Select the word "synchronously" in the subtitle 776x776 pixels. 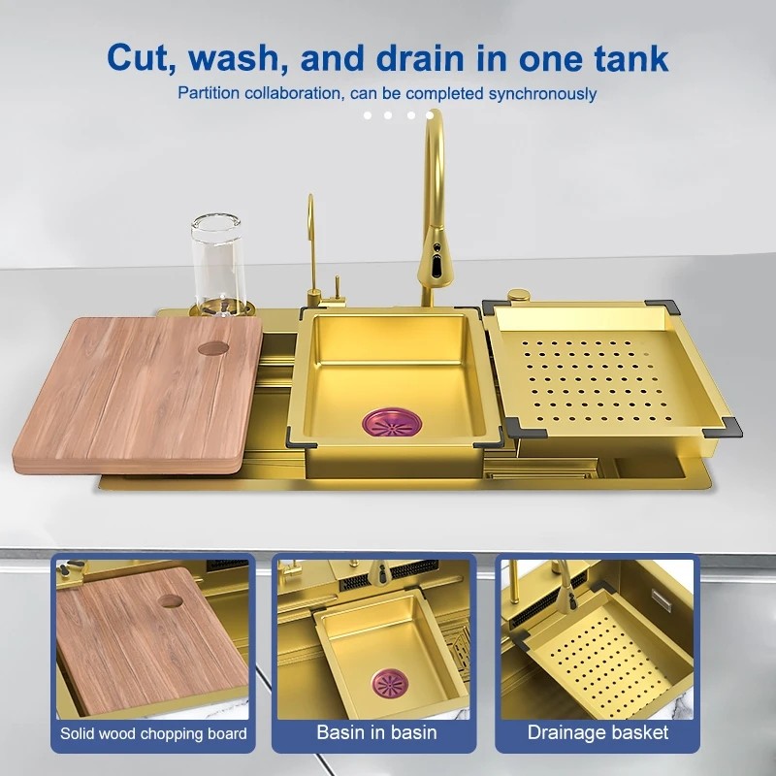pos(542,93)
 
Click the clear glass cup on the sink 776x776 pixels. pos(217,262)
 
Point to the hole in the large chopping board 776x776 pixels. pos(213,348)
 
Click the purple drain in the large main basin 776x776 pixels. pos(392,422)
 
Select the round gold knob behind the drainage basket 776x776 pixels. pos(519,296)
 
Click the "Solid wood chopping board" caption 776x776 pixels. pos(153,733)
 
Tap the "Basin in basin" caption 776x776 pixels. pos(376,732)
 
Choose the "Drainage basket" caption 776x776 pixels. pos(598,732)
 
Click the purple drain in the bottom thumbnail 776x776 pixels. pos(391,684)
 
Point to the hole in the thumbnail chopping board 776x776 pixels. pos(171,600)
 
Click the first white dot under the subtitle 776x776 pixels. pos(368,115)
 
